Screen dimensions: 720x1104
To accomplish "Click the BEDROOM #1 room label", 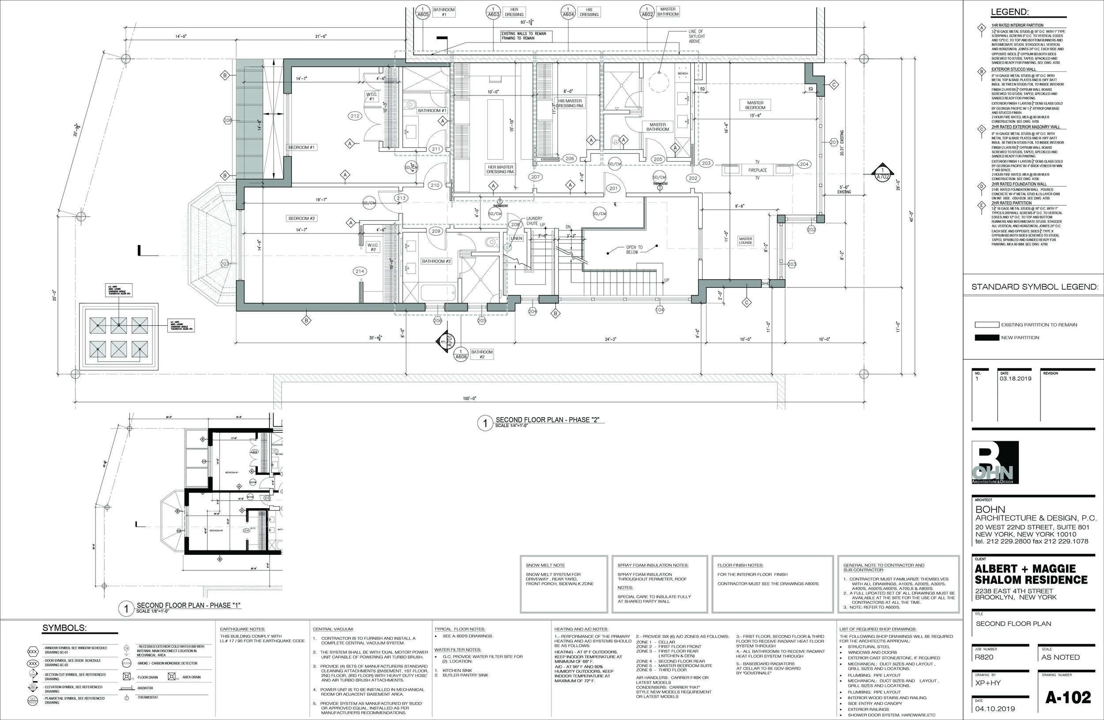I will tap(302, 147).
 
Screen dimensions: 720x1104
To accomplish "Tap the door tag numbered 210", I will tap(435, 185).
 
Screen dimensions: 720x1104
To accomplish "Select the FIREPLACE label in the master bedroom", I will tap(757, 170).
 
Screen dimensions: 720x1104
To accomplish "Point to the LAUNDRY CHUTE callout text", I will tap(534, 221).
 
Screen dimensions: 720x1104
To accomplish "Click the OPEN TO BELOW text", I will tap(634, 249).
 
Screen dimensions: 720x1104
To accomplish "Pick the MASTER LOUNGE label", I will tap(745, 241).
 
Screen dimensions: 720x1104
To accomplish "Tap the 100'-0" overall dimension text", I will tap(469, 398).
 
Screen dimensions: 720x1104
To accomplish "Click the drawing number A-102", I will tap(1068, 698).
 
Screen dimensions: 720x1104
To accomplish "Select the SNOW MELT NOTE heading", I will tap(545, 565).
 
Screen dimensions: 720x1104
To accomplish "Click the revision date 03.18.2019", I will tap(1015, 378).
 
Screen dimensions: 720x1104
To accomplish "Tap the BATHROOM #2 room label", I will tap(436, 261).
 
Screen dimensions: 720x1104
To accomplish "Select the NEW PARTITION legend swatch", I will tap(987, 338).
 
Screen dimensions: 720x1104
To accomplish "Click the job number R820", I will tap(984, 657).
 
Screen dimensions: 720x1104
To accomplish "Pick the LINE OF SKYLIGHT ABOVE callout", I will tap(696, 36).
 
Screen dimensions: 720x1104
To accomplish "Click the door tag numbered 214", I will tap(359, 271).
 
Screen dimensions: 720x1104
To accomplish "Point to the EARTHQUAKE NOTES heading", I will tap(242, 629).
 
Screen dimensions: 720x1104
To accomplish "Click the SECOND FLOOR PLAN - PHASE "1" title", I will tap(188, 605).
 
